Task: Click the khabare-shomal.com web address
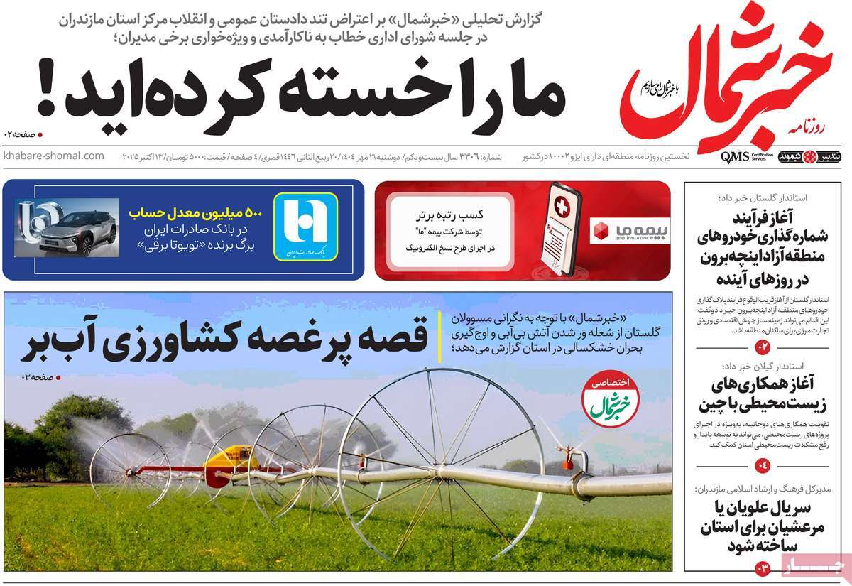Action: click(53, 156)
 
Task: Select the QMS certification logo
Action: click(735, 156)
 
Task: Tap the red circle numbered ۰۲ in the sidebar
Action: click(763, 347)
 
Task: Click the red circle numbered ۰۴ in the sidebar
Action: click(763, 466)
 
